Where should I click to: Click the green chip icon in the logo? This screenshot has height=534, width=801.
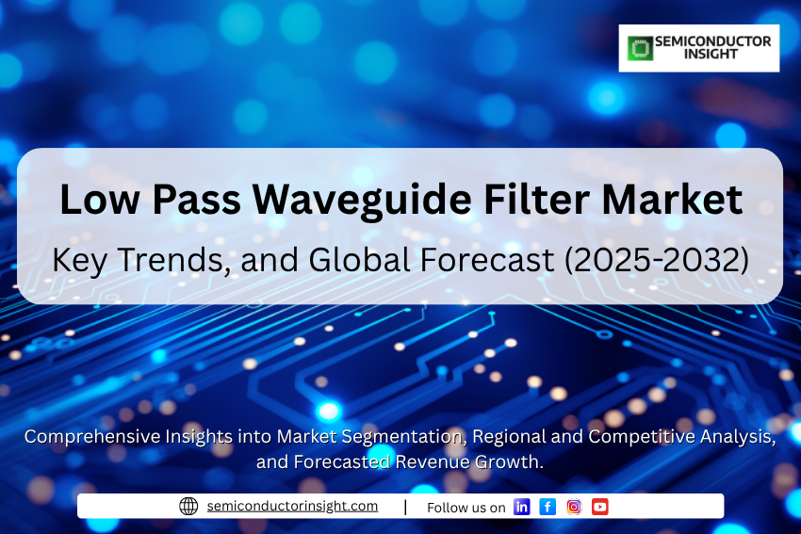(640, 48)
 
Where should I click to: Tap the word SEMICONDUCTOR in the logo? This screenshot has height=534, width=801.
(712, 41)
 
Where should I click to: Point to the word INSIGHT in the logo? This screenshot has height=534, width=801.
(711, 54)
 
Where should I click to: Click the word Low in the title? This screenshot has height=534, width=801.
(100, 199)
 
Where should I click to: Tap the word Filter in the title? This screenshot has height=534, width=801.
(536, 199)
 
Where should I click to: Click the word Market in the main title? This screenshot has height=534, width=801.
(672, 199)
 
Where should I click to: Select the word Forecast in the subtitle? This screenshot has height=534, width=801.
(487, 260)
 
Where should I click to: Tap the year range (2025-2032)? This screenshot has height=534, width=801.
(657, 260)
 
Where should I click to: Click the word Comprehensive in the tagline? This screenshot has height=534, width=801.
(92, 437)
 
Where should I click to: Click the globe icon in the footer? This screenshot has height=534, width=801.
(188, 506)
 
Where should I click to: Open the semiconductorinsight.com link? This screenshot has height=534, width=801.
(292, 506)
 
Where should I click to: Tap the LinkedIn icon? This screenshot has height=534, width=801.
(521, 507)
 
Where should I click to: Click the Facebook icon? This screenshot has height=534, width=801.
(548, 507)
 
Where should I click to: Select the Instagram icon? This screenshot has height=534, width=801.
(574, 507)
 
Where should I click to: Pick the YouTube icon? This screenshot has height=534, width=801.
(599, 507)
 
